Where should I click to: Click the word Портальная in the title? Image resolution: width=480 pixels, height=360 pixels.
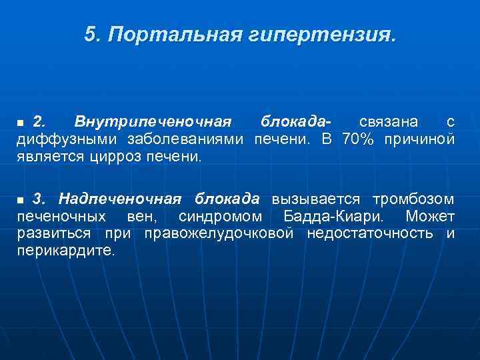click(173, 34)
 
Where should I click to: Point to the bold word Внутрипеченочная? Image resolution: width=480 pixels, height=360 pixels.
click(153, 122)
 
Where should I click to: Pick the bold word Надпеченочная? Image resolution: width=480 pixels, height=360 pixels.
click(120, 199)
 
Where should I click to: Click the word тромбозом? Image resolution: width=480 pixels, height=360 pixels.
click(413, 199)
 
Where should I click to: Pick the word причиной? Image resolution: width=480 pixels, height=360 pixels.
click(419, 139)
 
